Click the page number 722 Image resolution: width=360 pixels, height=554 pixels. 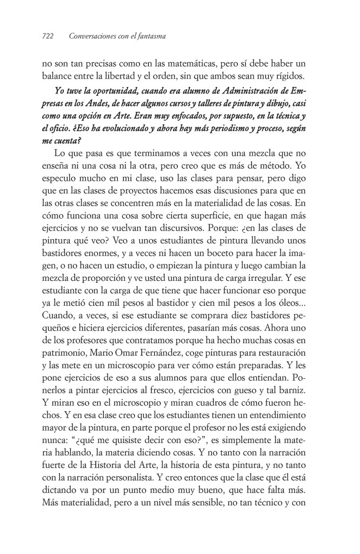49,37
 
